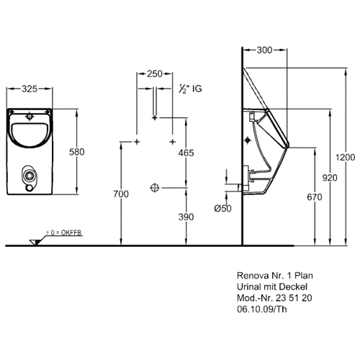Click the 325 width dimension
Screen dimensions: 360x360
tap(30, 89)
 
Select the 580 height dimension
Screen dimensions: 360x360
tap(77, 152)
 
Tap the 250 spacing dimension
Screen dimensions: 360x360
tap(155, 74)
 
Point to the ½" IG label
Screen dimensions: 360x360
tap(190, 89)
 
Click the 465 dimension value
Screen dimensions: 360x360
tap(186, 153)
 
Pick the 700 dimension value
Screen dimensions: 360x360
tap(121, 194)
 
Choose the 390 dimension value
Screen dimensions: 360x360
tap(186, 217)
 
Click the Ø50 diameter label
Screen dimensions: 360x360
tap(223, 208)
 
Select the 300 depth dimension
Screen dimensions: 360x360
tap(264, 50)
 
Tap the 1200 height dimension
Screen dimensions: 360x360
tap(345, 158)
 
